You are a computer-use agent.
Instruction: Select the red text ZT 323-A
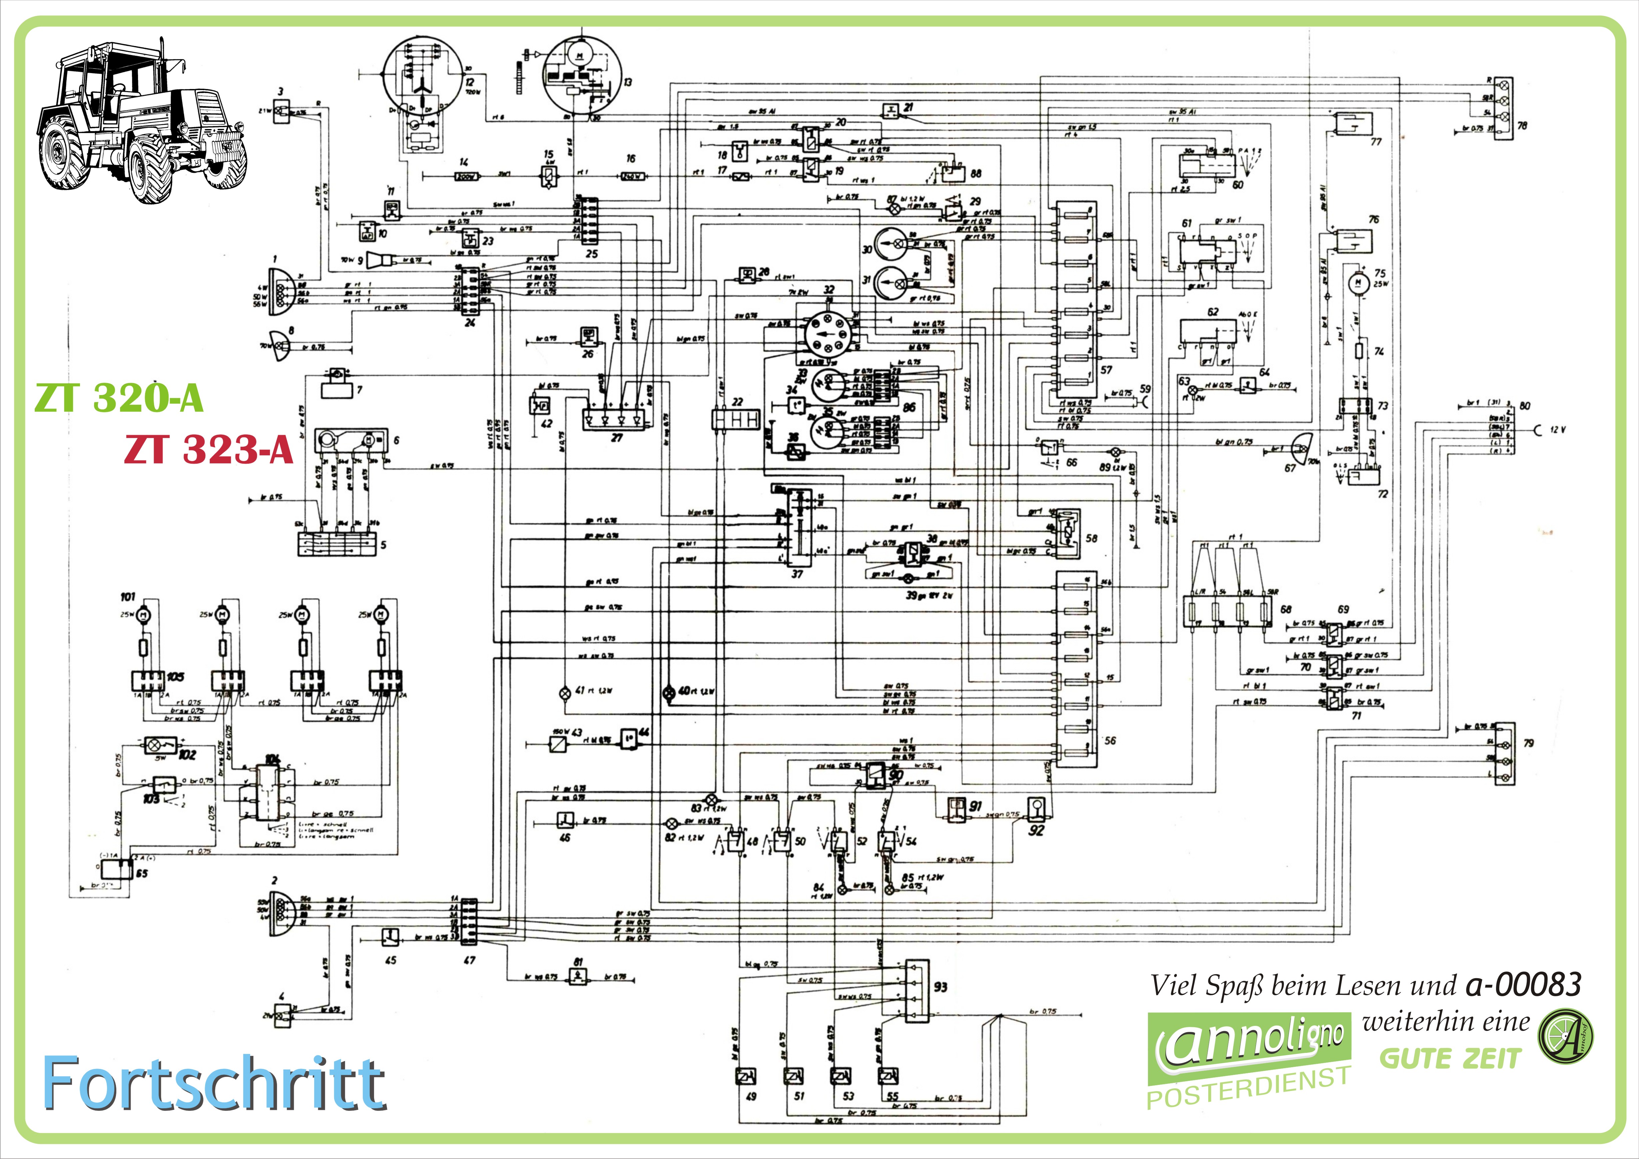tap(208, 450)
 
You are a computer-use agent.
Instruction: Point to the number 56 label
tap(1110, 741)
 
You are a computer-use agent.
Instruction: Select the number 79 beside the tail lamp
tap(1528, 743)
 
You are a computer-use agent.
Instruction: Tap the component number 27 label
tap(617, 438)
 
